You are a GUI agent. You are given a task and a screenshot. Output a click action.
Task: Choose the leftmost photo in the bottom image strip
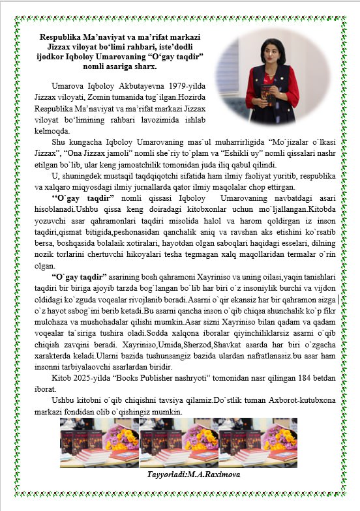99,443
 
